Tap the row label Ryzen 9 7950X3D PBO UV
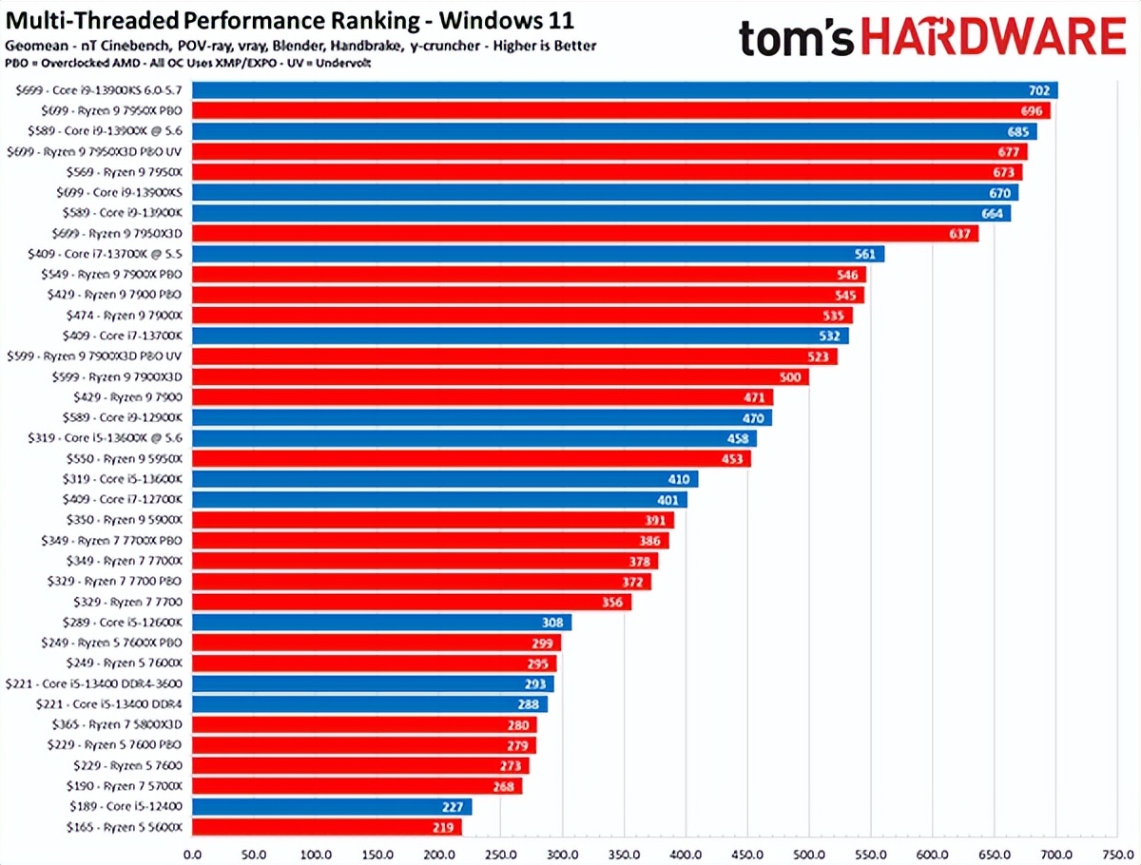[95, 151]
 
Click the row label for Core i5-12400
[125, 806]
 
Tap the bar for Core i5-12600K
[380, 622]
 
